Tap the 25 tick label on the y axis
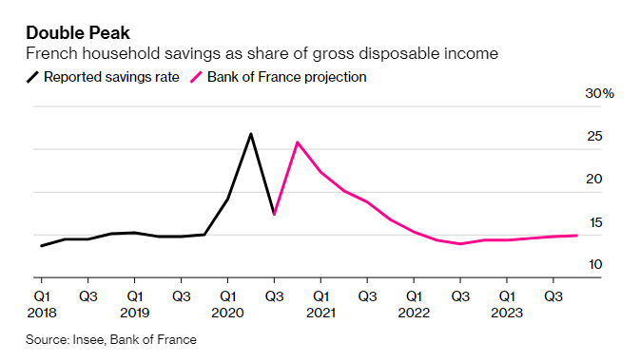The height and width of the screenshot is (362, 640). click(x=594, y=137)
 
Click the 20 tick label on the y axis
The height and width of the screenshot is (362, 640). click(x=594, y=180)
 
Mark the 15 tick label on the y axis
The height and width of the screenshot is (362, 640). click(x=594, y=222)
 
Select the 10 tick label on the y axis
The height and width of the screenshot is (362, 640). click(x=594, y=264)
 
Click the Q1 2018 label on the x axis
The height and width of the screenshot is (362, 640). click(x=44, y=303)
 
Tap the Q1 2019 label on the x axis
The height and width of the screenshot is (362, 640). click(x=136, y=303)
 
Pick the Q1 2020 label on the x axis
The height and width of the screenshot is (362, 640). click(x=228, y=303)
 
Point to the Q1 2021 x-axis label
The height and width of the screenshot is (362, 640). click(x=320, y=303)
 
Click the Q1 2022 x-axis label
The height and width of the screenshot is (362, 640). click(x=413, y=303)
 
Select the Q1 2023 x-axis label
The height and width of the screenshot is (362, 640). click(x=505, y=303)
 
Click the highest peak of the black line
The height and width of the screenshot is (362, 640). click(x=251, y=134)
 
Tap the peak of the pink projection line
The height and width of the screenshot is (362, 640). click(x=298, y=143)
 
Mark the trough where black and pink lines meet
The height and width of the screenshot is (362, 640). click(x=274, y=214)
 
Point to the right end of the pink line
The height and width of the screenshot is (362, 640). click(x=576, y=236)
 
